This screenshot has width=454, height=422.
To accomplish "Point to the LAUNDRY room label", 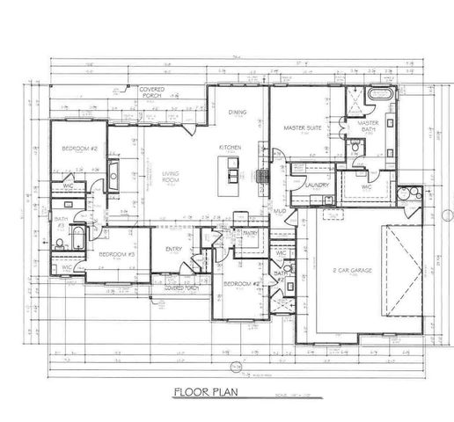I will pos(317,186).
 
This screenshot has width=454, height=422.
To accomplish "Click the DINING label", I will pos(238,112).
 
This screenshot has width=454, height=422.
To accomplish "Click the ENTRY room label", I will pos(173,250).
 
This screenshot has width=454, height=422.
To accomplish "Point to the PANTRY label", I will pos(249,233).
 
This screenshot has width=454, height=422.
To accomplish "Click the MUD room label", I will pos(278,212).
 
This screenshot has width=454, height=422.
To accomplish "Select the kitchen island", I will pos(231,169).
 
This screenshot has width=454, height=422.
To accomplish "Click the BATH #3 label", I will pos(61,222).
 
